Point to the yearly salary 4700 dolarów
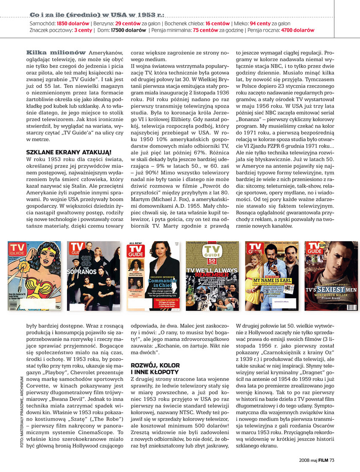click(x=298, y=30)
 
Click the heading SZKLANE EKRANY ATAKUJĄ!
click(x=69, y=151)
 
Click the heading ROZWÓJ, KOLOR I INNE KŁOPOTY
click(x=155, y=369)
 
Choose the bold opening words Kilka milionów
click(x=56, y=52)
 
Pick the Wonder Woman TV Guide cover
click(x=34, y=276)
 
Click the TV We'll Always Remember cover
click(x=212, y=276)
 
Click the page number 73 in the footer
click(x=332, y=460)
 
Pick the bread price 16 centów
click(x=218, y=24)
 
